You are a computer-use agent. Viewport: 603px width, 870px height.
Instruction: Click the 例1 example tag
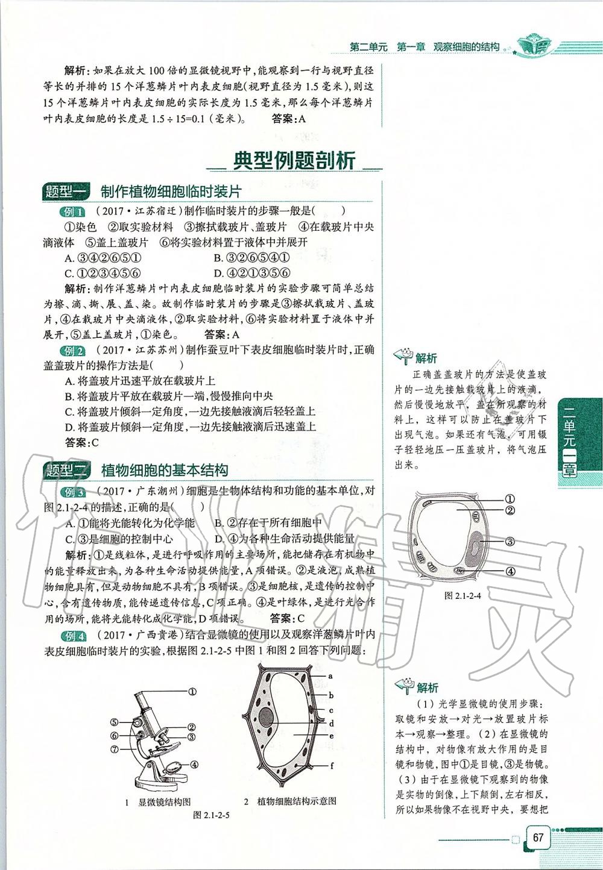(x=73, y=211)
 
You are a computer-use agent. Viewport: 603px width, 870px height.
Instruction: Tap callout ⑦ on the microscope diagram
(x=115, y=750)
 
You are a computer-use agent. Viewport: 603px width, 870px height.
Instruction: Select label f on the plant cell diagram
(x=332, y=766)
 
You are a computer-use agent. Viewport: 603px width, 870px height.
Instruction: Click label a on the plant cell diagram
(x=331, y=676)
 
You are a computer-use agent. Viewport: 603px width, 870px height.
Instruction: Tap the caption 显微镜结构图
(x=164, y=802)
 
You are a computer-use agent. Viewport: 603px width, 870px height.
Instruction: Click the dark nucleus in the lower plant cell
(x=266, y=716)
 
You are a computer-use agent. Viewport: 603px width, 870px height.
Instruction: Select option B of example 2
(x=168, y=396)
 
